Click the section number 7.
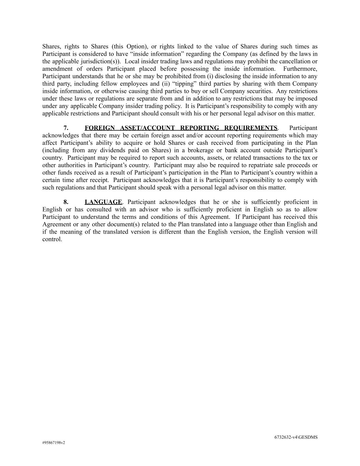click(x=66, y=128)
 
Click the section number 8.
click(x=66, y=202)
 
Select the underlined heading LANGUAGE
click(x=103, y=202)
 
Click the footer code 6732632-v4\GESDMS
click(x=296, y=437)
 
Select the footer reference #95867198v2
click(x=54, y=443)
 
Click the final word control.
click(x=52, y=239)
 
